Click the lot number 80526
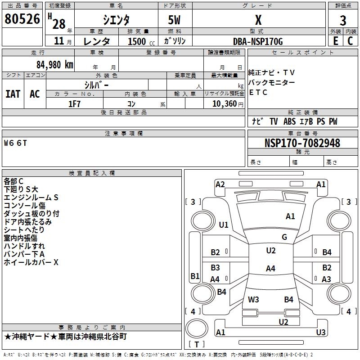[22, 19]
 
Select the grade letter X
[258, 20]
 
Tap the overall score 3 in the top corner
[343, 21]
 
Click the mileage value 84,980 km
[55, 65]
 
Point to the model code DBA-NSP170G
[258, 41]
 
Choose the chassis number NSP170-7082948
[302, 143]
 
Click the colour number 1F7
[74, 104]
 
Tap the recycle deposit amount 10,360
[225, 104]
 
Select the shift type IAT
[13, 94]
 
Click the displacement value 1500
[137, 41]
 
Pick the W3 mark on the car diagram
[253, 299]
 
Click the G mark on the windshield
[284, 237]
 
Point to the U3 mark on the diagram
[321, 332]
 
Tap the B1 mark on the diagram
[195, 276]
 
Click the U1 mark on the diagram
[223, 225]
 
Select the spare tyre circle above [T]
[197, 328]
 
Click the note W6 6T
[15, 143]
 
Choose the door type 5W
[174, 20]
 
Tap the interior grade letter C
[350, 41]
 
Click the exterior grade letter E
[335, 41]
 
